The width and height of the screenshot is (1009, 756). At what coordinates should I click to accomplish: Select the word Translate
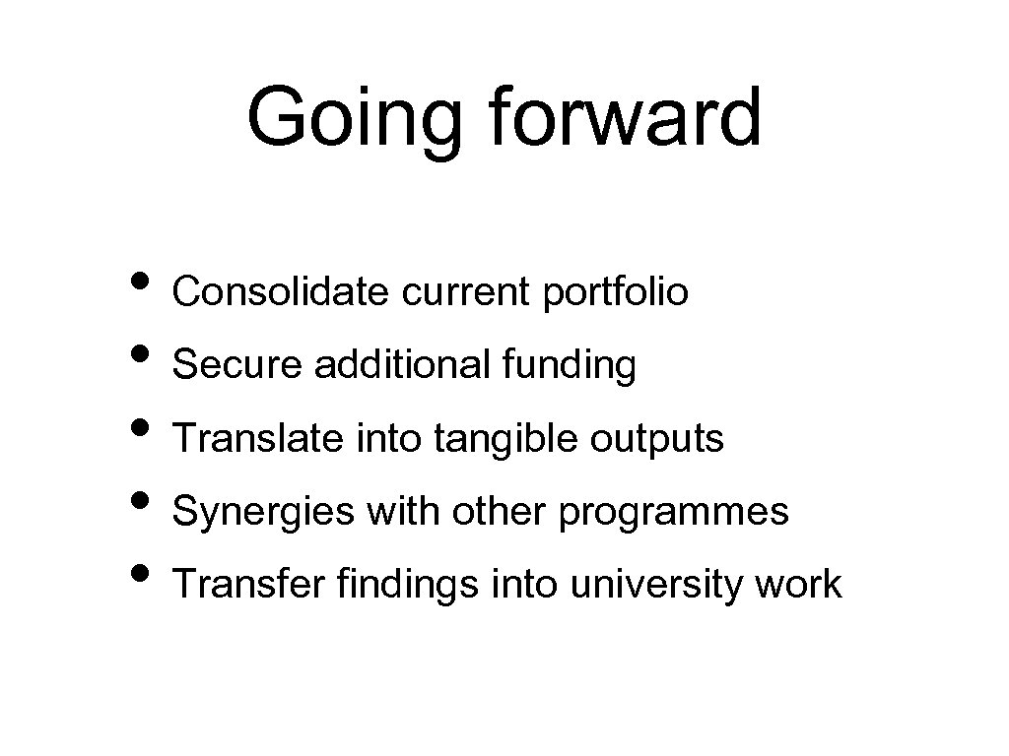[x=248, y=438]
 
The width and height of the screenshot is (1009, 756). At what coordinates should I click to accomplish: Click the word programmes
[x=674, y=513]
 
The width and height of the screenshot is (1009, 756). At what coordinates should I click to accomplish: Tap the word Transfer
[x=248, y=584]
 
